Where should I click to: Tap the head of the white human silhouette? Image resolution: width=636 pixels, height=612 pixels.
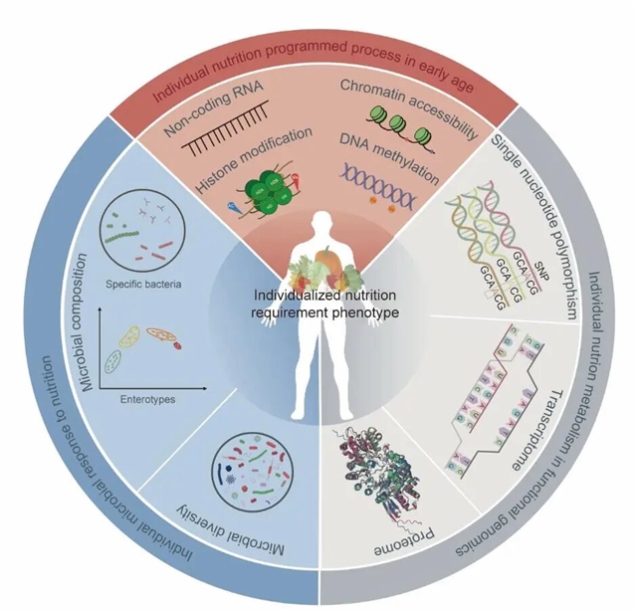point(318,227)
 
